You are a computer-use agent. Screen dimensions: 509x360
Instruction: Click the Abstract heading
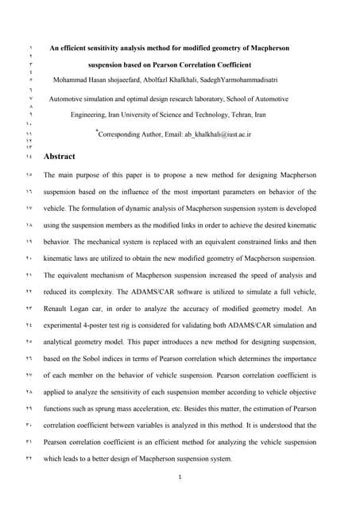tap(60, 157)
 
